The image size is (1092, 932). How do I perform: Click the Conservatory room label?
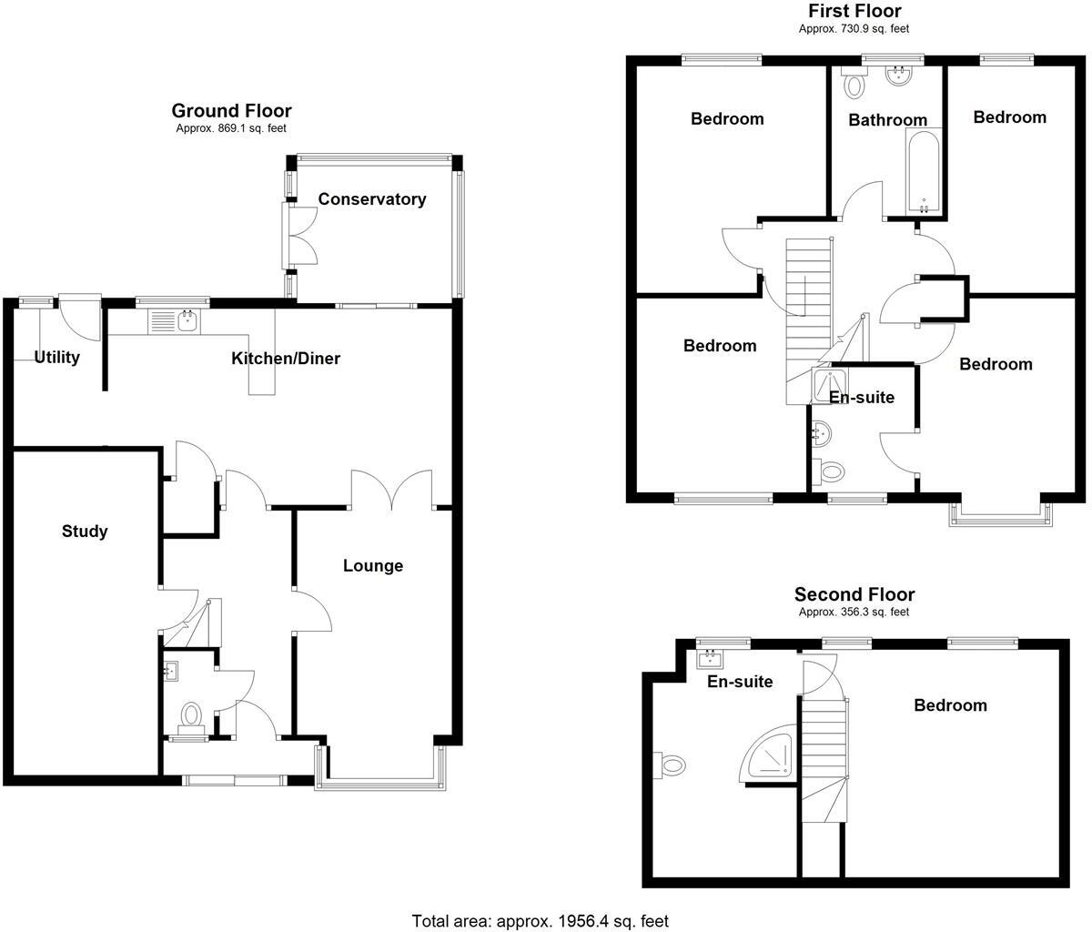pyautogui.click(x=371, y=199)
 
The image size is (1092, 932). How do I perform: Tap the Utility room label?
pyautogui.click(x=56, y=358)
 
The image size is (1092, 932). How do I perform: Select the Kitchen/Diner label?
pyautogui.click(x=285, y=359)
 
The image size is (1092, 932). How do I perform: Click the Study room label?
pyautogui.click(x=85, y=532)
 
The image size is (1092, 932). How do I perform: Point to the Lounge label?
pyautogui.click(x=372, y=566)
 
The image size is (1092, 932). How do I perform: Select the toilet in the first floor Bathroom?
pyautogui.click(x=854, y=85)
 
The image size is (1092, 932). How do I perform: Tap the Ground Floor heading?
pyautogui.click(x=231, y=111)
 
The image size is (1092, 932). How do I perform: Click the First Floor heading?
pyautogui.click(x=854, y=11)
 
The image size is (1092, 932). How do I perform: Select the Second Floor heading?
pyautogui.click(x=854, y=595)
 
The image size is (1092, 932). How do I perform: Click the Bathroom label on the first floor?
pyautogui.click(x=887, y=120)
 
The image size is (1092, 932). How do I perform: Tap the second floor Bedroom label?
pyautogui.click(x=950, y=705)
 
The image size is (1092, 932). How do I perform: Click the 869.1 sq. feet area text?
pyautogui.click(x=231, y=129)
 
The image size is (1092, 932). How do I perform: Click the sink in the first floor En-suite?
pyautogui.click(x=820, y=434)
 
